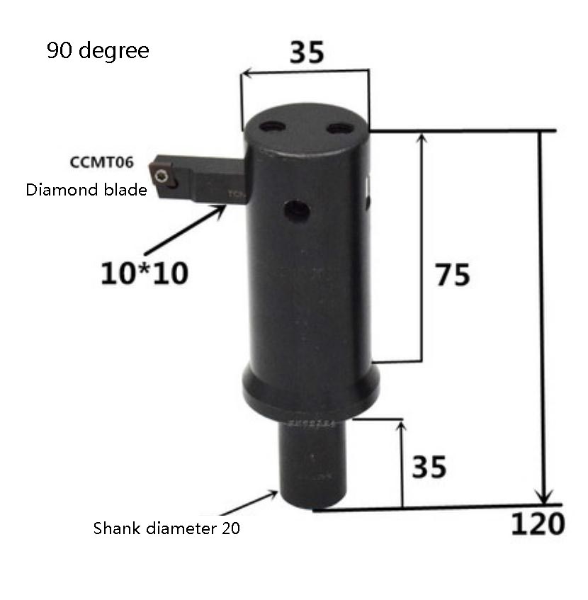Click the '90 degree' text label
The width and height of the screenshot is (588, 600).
pyautogui.click(x=98, y=51)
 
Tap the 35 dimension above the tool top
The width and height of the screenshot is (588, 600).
pyautogui.click(x=307, y=52)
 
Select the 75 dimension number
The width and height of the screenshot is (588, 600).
pyautogui.click(x=453, y=276)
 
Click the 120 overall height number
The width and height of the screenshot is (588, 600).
pyautogui.click(x=538, y=524)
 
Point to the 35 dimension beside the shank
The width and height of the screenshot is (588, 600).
pyautogui.click(x=429, y=467)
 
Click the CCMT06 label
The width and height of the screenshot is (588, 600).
pyautogui.click(x=101, y=162)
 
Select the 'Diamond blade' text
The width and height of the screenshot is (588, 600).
pyautogui.click(x=86, y=190)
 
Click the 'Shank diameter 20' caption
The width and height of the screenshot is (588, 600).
pyautogui.click(x=166, y=528)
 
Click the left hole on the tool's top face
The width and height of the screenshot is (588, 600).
pyautogui.click(x=272, y=127)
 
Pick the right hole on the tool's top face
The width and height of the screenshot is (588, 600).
pyautogui.click(x=341, y=128)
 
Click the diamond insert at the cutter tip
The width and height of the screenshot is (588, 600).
pyautogui.click(x=164, y=173)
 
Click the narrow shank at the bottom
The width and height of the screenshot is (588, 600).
pyautogui.click(x=314, y=464)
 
